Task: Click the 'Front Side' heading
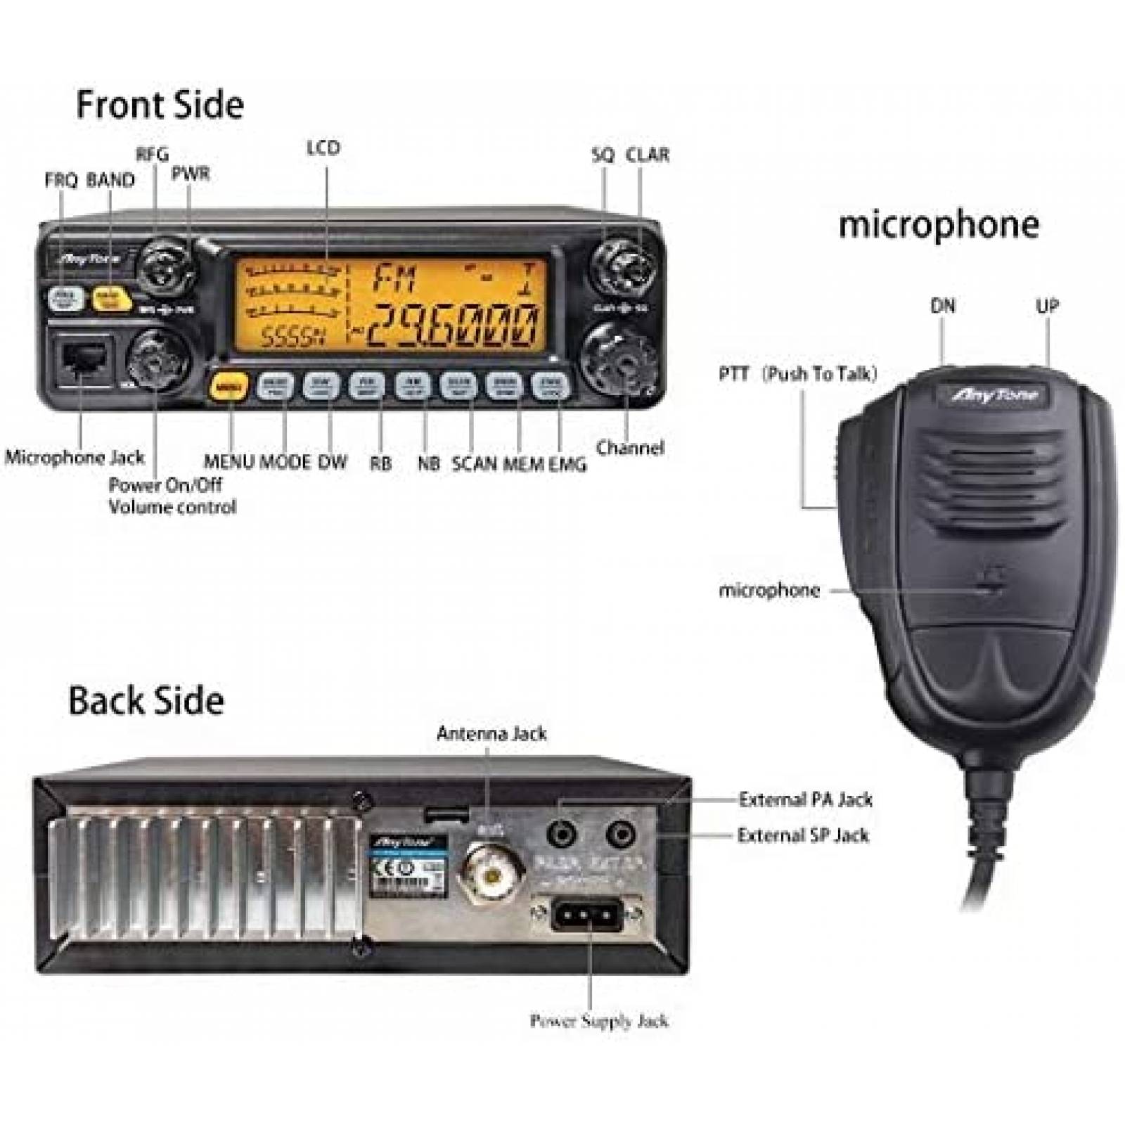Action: click(160, 105)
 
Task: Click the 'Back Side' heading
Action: click(146, 701)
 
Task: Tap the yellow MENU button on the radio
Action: click(228, 385)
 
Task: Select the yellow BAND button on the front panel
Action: click(111, 298)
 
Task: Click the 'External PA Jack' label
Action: click(805, 799)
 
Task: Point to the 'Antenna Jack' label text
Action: click(491, 733)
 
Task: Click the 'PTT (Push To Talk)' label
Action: click(798, 373)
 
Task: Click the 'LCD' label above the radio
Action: click(323, 148)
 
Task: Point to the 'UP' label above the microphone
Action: click(1047, 306)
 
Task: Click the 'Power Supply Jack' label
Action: click(598, 1020)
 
